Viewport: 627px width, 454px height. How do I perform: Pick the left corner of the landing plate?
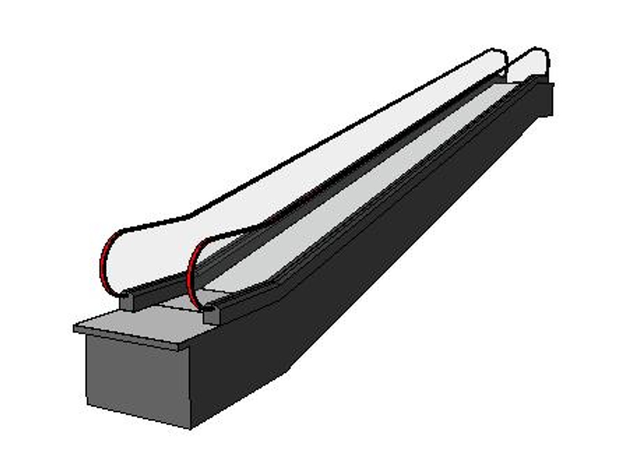click(74, 327)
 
